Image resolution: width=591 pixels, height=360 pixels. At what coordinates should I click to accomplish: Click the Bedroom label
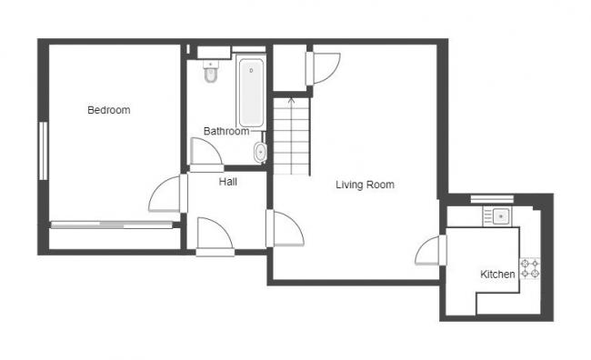(108, 110)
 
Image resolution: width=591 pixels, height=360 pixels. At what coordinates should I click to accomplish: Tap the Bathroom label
(225, 131)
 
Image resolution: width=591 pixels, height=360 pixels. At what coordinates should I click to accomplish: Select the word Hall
(227, 182)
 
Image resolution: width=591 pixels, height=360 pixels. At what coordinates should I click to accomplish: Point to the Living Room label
(365, 185)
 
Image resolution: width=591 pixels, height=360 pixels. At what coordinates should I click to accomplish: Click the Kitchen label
(497, 274)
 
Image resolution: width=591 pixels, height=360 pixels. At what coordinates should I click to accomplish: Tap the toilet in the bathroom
(211, 75)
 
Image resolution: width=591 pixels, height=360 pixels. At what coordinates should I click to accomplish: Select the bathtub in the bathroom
(250, 91)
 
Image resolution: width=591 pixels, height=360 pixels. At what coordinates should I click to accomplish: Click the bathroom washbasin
(261, 152)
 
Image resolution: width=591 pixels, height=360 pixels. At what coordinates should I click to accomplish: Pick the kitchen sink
(498, 216)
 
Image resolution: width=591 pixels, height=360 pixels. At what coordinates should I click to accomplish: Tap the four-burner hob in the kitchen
(529, 268)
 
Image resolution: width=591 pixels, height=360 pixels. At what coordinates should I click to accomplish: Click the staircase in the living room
(291, 136)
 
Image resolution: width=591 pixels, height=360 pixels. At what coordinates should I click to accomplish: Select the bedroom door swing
(165, 194)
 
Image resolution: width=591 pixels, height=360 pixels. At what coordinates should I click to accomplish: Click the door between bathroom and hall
(206, 155)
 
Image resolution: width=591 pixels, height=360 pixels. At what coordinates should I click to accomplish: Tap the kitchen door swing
(430, 251)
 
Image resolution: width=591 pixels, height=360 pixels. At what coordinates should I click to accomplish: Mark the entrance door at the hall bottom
(214, 234)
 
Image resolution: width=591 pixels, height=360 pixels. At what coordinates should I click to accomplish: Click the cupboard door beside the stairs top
(323, 68)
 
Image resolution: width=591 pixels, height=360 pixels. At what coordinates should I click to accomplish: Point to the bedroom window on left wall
(42, 150)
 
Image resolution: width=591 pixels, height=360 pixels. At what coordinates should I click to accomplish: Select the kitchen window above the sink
(492, 198)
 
